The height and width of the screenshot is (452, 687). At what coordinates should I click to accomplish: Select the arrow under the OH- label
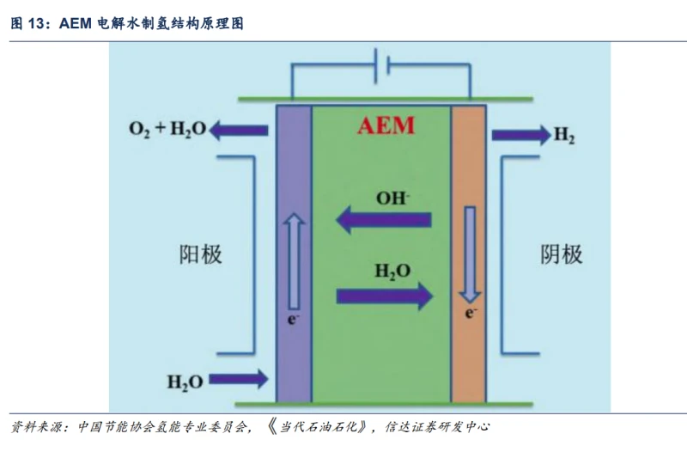click(383, 221)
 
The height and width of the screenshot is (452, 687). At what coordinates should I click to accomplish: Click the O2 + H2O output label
click(167, 131)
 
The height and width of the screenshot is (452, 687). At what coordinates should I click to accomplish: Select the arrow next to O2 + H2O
click(239, 131)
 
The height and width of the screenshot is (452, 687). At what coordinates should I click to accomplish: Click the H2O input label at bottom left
click(184, 381)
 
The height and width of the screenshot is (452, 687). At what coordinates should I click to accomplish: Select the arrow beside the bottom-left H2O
click(238, 378)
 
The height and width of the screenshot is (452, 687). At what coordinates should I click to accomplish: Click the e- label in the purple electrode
click(293, 321)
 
